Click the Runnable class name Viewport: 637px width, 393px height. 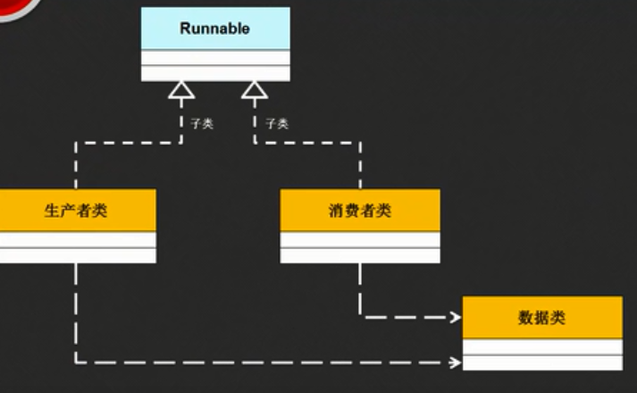(215, 29)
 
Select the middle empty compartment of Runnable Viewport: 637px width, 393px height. (215, 57)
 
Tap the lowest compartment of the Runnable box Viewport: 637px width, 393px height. (215, 72)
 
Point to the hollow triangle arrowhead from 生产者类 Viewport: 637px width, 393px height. (182, 89)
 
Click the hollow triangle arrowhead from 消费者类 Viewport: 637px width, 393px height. (255, 89)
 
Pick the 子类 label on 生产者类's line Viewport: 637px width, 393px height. (202, 124)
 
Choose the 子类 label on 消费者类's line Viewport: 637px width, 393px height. (276, 124)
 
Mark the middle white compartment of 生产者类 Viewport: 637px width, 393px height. (78, 240)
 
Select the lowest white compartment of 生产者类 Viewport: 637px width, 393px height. (78, 255)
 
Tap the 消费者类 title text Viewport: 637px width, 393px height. (360, 212)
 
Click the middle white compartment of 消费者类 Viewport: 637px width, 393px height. (360, 240)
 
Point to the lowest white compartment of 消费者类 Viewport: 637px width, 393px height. (360, 255)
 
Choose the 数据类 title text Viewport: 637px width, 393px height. (541, 318)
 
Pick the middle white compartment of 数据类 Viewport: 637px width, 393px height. (541, 347)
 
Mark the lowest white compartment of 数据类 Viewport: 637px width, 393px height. (541, 362)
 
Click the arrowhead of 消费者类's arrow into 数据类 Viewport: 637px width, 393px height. (455, 316)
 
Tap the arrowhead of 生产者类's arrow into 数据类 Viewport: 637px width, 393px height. (455, 363)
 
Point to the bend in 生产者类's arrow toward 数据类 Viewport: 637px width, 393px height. (76, 363)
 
